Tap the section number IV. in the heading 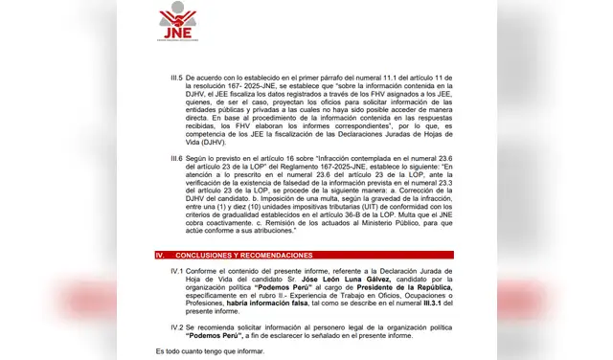click(x=162, y=255)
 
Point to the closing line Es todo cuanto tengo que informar click(x=210, y=352)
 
